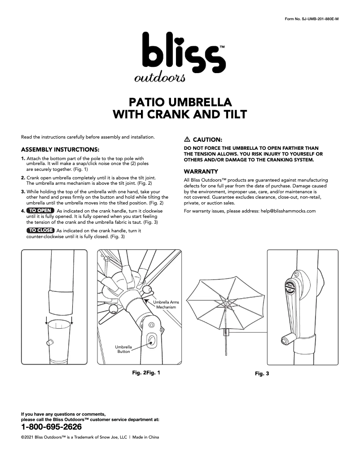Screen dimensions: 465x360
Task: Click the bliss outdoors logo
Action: (180, 57)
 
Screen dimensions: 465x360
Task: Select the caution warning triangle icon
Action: (187, 140)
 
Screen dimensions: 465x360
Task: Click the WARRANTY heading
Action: (201, 171)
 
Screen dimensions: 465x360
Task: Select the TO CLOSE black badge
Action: (40, 230)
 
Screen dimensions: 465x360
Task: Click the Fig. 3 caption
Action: (262, 373)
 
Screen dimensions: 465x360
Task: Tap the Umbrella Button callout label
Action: (123, 349)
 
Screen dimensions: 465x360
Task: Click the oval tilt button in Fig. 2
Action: (151, 340)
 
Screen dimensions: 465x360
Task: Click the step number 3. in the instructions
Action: (23, 191)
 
